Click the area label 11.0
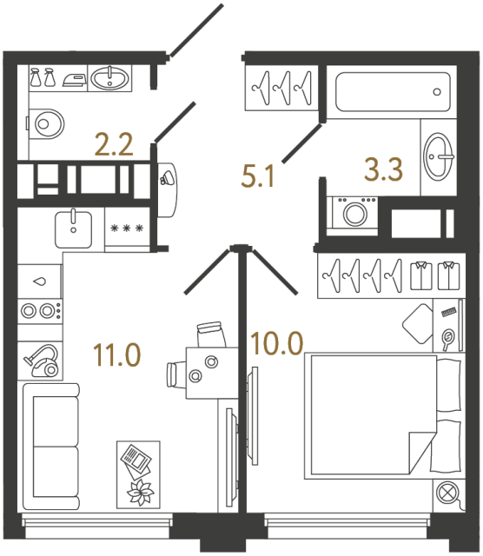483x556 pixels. click(116, 354)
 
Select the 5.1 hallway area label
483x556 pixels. click(258, 178)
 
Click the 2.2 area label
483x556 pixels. click(113, 143)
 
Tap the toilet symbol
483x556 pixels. click(47, 123)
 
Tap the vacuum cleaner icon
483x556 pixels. click(41, 358)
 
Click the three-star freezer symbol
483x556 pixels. click(128, 229)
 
